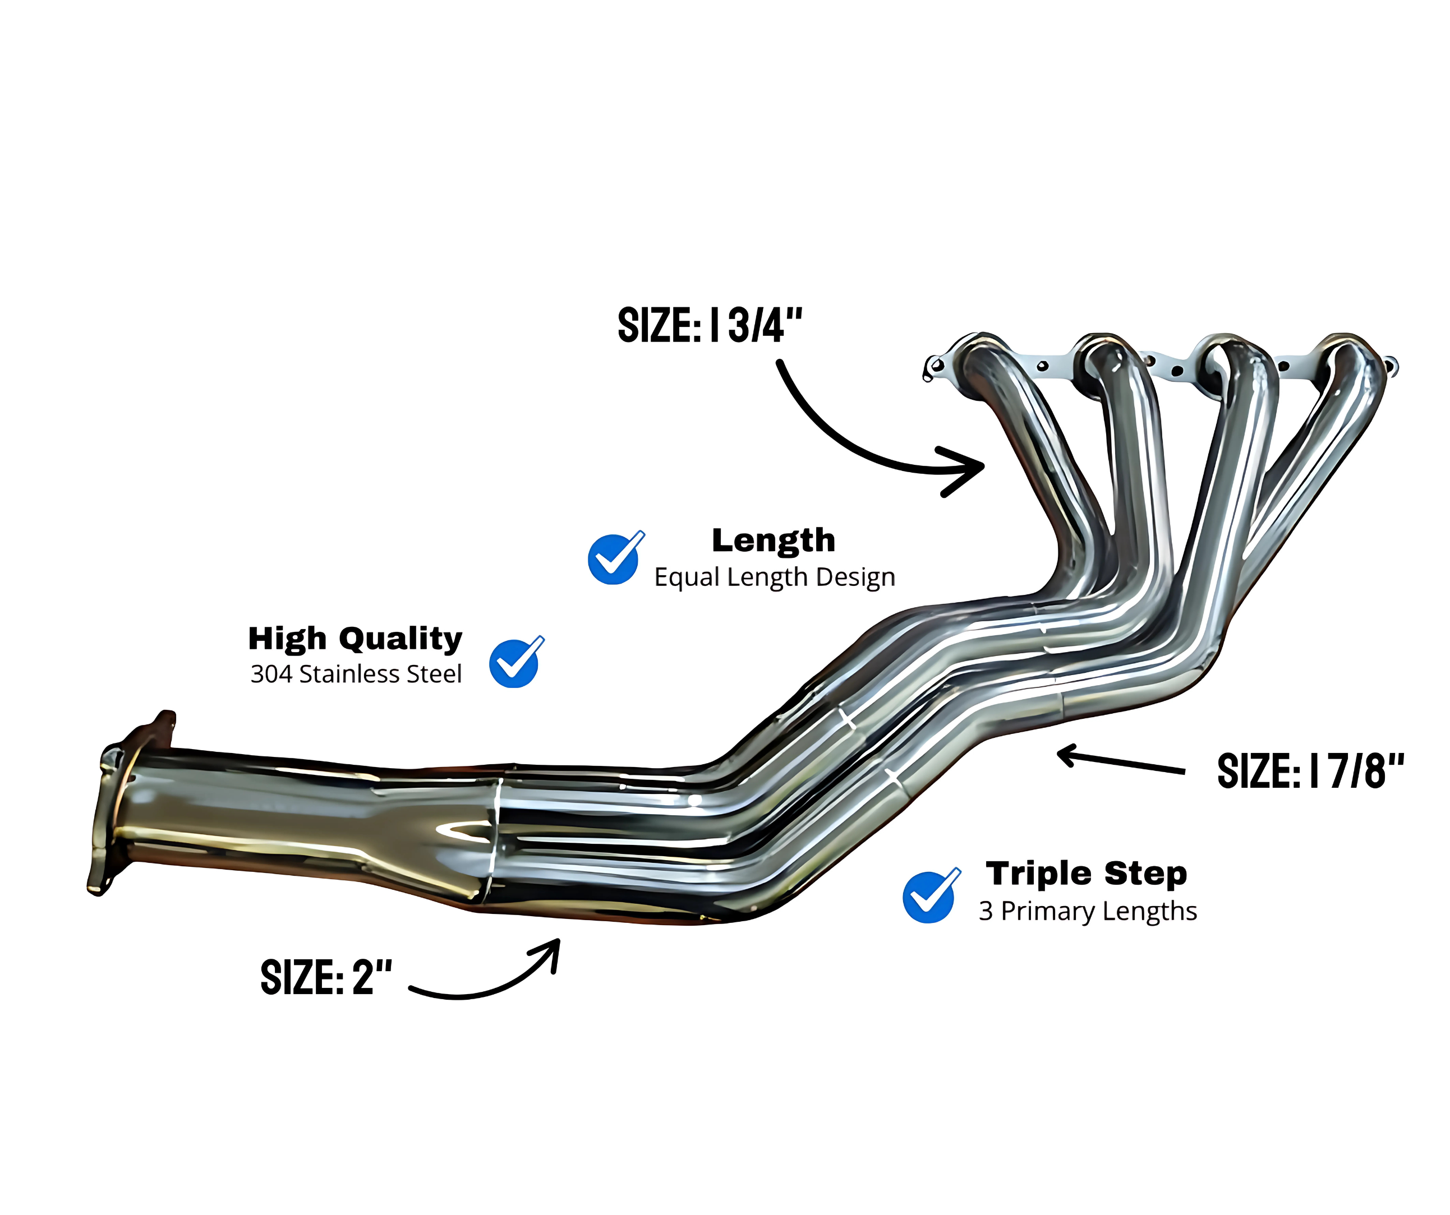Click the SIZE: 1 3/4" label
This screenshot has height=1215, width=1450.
click(710, 325)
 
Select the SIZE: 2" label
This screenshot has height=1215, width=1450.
click(326, 977)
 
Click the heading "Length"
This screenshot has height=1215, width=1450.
click(774, 541)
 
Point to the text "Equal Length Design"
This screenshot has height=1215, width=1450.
click(774, 577)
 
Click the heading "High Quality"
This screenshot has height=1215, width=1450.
click(355, 639)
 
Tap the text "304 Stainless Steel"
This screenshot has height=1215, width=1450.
click(356, 674)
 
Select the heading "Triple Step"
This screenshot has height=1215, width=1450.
click(1086, 874)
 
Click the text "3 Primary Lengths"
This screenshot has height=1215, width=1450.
click(1088, 911)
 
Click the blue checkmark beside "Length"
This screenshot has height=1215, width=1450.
click(615, 558)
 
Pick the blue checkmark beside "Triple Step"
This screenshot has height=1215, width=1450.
click(931, 895)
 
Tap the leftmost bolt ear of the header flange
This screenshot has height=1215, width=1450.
click(933, 368)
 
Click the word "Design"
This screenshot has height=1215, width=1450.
click(855, 577)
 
